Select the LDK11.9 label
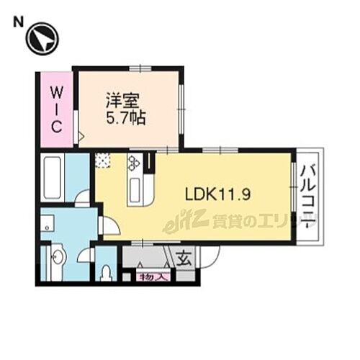pos(217,194)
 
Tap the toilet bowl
pos(106,272)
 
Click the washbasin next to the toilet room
pos(58,255)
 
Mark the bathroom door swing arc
pos(84,195)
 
